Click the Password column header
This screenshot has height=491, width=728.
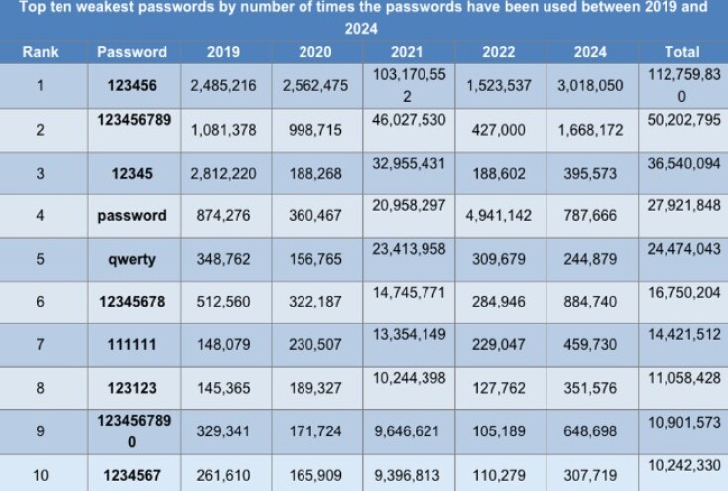(x=132, y=52)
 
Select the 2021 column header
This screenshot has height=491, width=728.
(x=406, y=52)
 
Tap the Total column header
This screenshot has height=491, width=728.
(x=682, y=52)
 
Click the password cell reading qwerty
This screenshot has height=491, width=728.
(x=132, y=259)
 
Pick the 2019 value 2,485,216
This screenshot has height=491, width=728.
(x=223, y=86)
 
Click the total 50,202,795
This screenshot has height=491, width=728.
(x=682, y=120)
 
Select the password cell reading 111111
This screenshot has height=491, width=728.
(x=132, y=345)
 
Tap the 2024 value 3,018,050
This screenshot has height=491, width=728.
(x=590, y=86)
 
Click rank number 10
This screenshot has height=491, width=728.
(x=40, y=476)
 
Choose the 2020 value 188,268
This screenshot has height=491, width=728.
(x=314, y=173)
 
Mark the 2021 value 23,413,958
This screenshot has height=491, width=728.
(x=406, y=251)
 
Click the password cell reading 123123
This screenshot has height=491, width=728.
(x=132, y=389)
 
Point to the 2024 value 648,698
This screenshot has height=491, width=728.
(x=590, y=432)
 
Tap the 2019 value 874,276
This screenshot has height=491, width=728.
(x=223, y=215)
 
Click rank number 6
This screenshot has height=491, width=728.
(x=40, y=303)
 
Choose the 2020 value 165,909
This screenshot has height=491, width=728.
(x=314, y=476)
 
